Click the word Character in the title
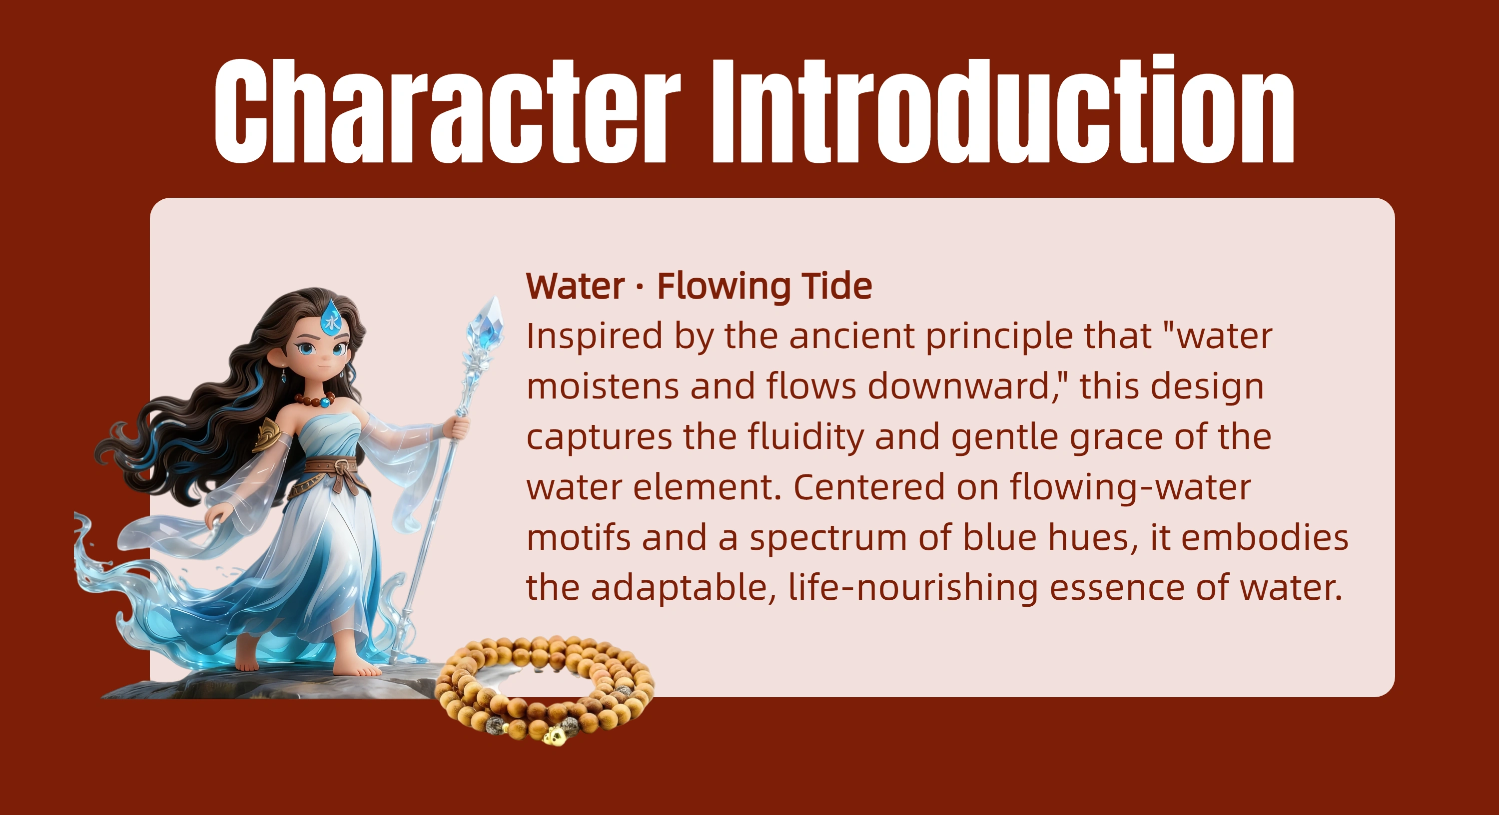[x=447, y=110]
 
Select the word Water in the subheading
[x=576, y=286]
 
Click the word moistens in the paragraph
[x=603, y=386]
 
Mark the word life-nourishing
[x=913, y=588]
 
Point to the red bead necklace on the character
[x=315, y=400]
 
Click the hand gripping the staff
[x=460, y=427]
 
